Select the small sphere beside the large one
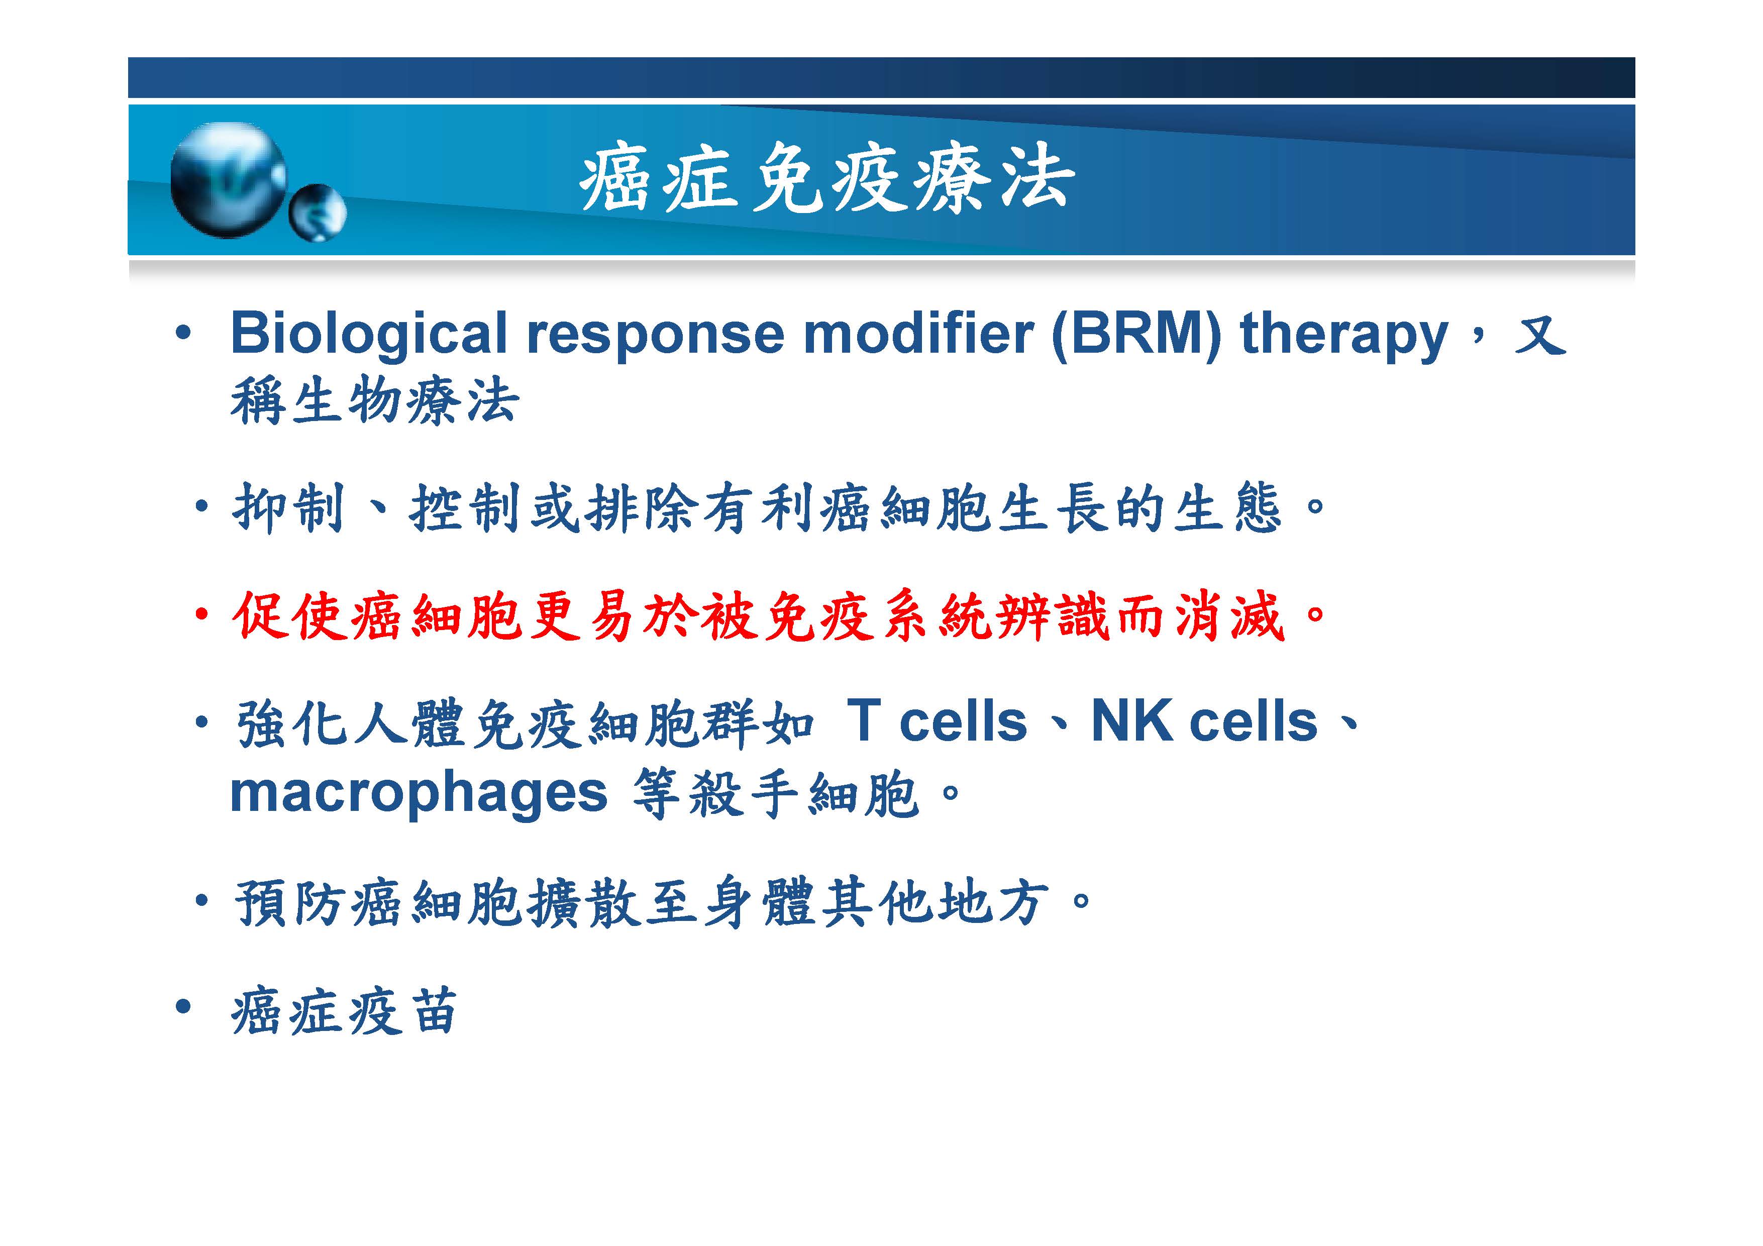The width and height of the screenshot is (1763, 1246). tap(317, 213)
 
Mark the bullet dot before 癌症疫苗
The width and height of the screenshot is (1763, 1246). tap(183, 1006)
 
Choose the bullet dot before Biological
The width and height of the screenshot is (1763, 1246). tap(183, 333)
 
